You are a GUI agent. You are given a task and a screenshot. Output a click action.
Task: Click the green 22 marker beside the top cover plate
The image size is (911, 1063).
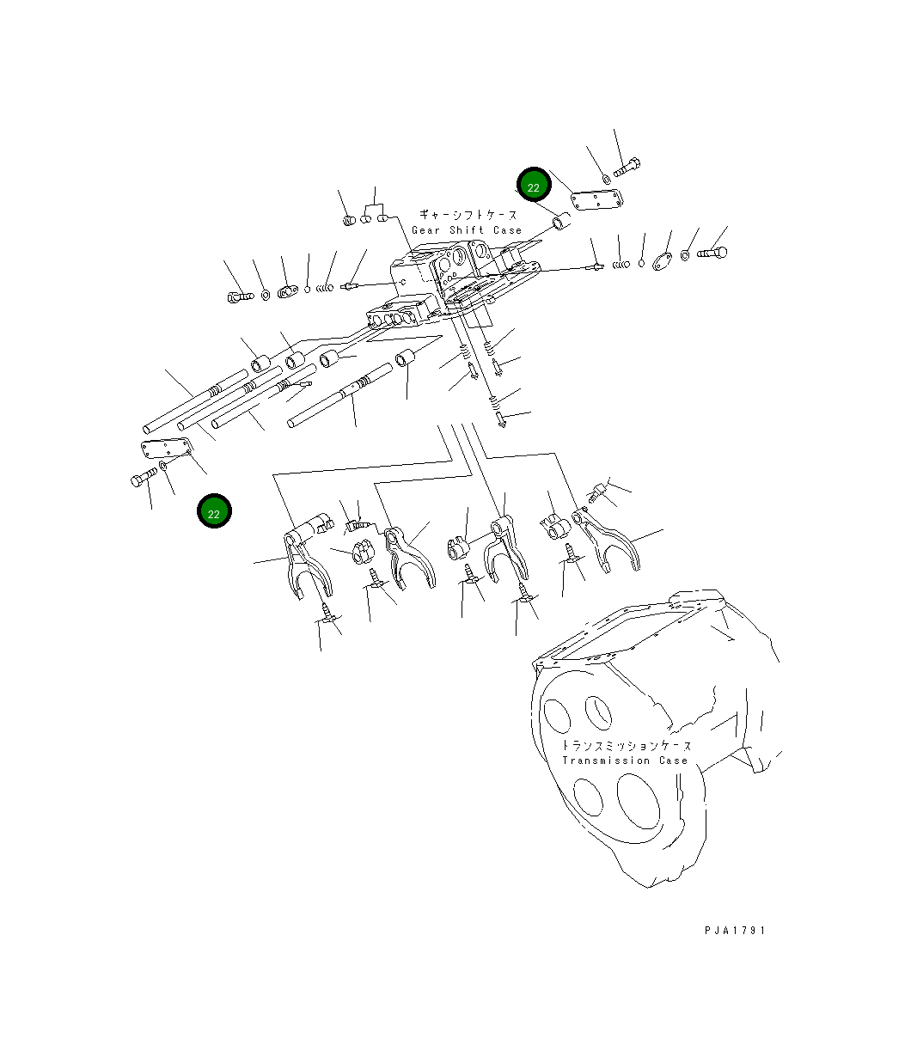(533, 187)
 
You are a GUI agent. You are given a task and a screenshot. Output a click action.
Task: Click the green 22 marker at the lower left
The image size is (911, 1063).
(214, 513)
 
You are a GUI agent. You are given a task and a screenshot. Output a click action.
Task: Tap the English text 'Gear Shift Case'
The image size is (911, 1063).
(467, 230)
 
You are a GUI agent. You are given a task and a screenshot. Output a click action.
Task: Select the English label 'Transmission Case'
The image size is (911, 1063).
(625, 761)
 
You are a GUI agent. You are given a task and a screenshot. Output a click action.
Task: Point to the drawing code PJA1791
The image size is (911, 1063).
(733, 930)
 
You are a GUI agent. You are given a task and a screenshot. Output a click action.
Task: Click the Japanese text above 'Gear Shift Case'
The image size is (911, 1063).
(468, 215)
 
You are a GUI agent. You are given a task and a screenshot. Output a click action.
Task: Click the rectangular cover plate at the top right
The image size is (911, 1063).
(597, 201)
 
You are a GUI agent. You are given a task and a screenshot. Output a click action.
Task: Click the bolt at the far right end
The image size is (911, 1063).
(712, 254)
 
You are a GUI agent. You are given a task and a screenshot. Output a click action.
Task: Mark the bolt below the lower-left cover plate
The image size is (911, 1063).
(141, 480)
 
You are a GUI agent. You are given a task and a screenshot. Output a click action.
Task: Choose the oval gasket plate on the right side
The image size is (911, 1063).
(663, 260)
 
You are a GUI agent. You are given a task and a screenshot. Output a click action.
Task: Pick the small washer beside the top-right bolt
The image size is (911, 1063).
(607, 179)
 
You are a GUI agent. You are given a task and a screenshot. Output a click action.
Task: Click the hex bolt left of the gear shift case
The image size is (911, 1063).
(238, 297)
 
